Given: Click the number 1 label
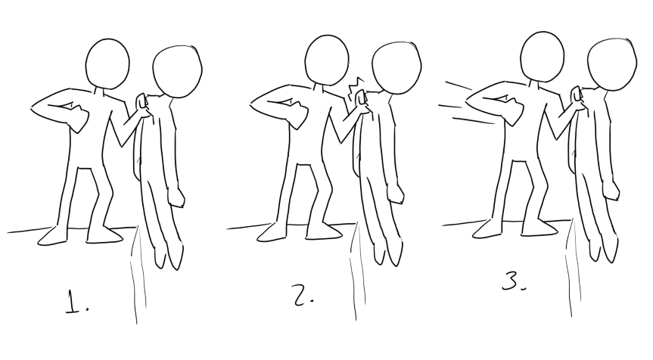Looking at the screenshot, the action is tap(77, 302).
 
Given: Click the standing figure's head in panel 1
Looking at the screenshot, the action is tap(107, 64).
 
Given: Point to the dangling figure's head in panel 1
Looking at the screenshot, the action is tap(177, 72).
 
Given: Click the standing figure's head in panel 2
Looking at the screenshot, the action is tap(327, 60).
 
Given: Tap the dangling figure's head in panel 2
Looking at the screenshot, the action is tap(396, 67).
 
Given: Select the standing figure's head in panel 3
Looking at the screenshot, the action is tap(543, 56).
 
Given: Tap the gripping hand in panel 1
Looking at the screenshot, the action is tap(141, 106).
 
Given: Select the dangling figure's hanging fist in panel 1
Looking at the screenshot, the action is tap(176, 197).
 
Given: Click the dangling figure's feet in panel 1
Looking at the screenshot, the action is tap(168, 256).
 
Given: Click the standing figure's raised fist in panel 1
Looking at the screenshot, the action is tap(79, 118).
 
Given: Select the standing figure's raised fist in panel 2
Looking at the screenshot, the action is tap(298, 115).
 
